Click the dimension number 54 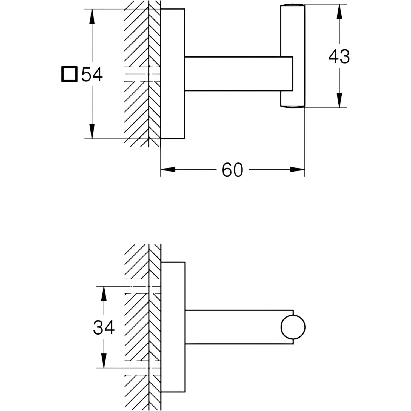pos(92,75)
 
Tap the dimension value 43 pos(339,57)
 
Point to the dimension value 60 pos(232,170)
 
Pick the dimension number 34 pos(104,327)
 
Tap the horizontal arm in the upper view pos(239,74)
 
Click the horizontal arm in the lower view pos(239,327)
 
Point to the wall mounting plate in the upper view pos(173,74)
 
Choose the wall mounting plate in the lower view pos(173,327)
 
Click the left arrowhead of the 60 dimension pos(168,170)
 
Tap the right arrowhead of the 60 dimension pos(297,170)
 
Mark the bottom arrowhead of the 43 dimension pos(339,100)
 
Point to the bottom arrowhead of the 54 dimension pos(92,132)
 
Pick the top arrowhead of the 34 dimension pos(104,294)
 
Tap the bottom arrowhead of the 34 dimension pos(104,361)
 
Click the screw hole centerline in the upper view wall pos(142,74)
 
